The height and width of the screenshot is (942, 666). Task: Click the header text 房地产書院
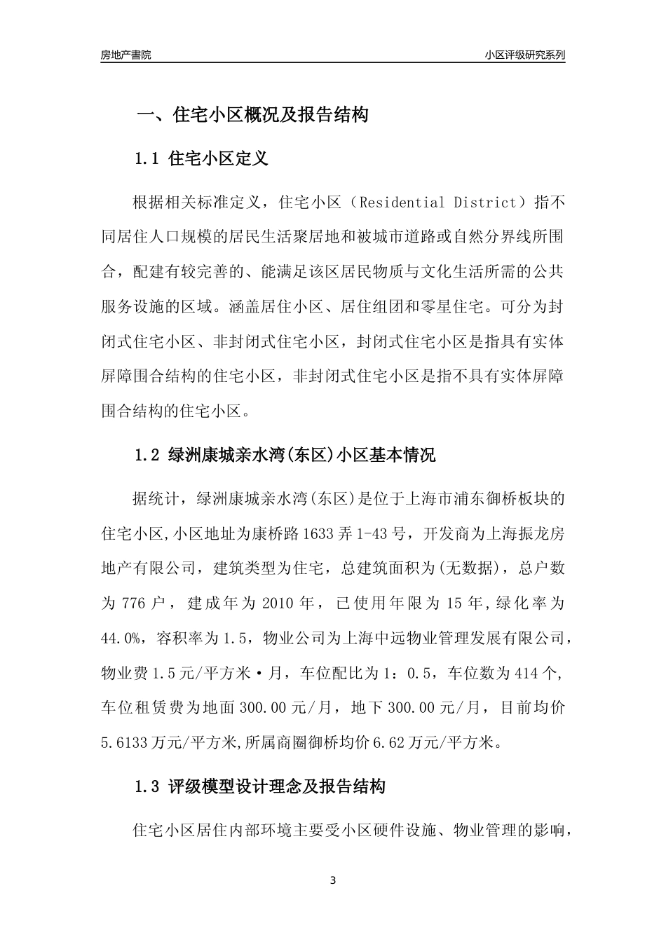pos(125,55)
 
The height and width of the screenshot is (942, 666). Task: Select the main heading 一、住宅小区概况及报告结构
pos(252,115)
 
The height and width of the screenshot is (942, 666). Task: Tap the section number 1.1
pos(148,158)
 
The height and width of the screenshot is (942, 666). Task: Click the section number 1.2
pos(148,455)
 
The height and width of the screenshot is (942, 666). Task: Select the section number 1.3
pos(148,786)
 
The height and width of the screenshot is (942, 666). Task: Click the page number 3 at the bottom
pos(333,880)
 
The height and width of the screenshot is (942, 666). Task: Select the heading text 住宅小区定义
pos(219,158)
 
